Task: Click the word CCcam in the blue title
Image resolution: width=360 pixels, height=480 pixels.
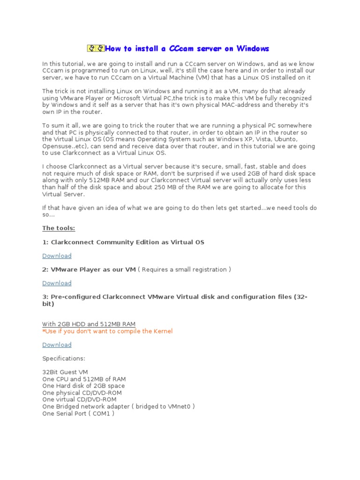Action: [x=180, y=48]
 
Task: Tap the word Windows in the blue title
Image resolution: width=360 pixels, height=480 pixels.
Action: [x=253, y=48]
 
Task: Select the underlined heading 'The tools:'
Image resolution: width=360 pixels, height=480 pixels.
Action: [x=59, y=228]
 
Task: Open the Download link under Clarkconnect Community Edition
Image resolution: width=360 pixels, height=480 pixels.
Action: [x=57, y=256]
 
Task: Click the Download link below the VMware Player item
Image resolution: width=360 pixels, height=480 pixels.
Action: [x=57, y=283]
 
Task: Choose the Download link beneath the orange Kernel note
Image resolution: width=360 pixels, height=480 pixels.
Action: [x=57, y=345]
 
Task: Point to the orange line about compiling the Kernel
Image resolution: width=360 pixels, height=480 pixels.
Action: [x=107, y=331]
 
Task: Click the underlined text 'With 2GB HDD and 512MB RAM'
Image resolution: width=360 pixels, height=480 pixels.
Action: [x=89, y=324]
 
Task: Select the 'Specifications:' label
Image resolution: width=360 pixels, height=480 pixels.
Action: [x=64, y=359]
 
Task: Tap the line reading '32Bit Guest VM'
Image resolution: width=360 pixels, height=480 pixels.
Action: [x=65, y=372]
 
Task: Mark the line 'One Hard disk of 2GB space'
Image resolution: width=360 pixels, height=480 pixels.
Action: [x=83, y=386]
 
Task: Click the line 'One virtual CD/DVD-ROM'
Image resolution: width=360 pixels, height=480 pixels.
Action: [x=79, y=400]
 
